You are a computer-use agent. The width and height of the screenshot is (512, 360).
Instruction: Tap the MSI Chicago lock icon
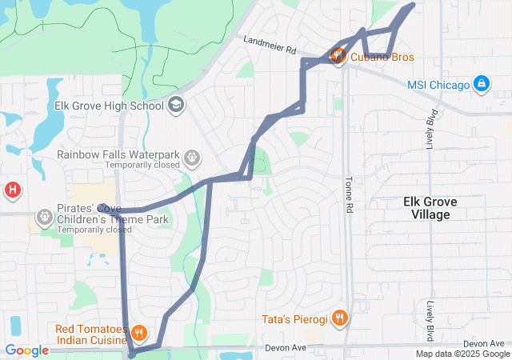[481, 83]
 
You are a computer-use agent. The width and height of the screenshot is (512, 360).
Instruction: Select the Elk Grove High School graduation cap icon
[176, 105]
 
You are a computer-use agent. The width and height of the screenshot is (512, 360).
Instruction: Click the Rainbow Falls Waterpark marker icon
[191, 158]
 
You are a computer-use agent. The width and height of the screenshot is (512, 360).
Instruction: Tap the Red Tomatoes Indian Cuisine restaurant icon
[139, 332]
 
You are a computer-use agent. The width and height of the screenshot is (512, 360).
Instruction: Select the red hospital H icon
[13, 190]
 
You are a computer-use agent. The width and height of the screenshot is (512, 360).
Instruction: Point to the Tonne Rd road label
[349, 194]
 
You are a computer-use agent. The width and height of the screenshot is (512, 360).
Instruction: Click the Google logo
[26, 350]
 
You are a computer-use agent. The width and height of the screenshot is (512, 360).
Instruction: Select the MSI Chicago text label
[438, 84]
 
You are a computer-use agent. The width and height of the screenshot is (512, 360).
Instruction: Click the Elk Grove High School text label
[109, 105]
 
